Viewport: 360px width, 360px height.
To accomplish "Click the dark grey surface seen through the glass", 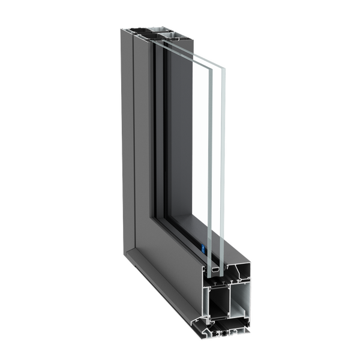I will click(x=180, y=150).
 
